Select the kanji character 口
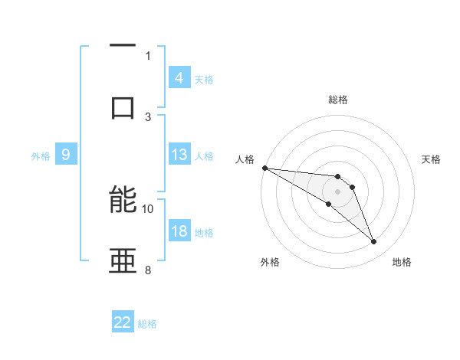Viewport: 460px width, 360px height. pyautogui.click(x=123, y=107)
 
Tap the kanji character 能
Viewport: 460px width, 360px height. pyautogui.click(x=123, y=201)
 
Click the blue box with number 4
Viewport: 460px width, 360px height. pyautogui.click(x=179, y=78)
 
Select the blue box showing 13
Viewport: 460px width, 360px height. pyautogui.click(x=179, y=155)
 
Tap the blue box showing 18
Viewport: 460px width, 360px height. pyautogui.click(x=179, y=232)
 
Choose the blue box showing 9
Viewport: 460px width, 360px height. pyautogui.click(x=66, y=155)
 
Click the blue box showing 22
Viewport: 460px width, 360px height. pyautogui.click(x=123, y=322)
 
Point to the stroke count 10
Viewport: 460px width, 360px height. pyautogui.click(x=148, y=208)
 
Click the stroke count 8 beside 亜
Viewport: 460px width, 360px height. pyautogui.click(x=148, y=270)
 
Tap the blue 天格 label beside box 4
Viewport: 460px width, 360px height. pyautogui.click(x=204, y=79)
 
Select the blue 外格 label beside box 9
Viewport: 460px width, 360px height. pyautogui.click(x=41, y=156)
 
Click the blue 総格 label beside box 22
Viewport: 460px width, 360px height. pyautogui.click(x=147, y=323)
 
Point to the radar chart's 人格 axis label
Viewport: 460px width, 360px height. pyautogui.click(x=245, y=159)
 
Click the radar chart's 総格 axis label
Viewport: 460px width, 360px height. pyautogui.click(x=337, y=100)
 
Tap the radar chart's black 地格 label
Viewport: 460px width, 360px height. pyautogui.click(x=402, y=262)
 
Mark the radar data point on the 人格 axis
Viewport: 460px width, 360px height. pyautogui.click(x=264, y=168)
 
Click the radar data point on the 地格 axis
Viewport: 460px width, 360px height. pyautogui.click(x=373, y=242)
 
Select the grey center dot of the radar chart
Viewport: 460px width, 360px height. pyautogui.click(x=337, y=191)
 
